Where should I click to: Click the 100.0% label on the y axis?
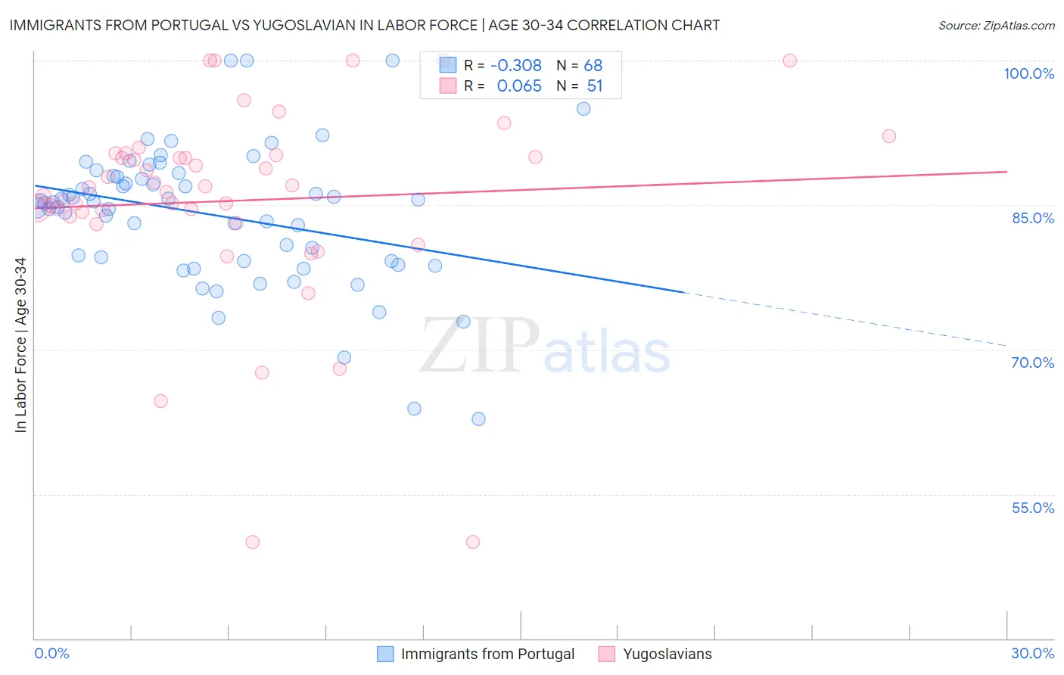click(1028, 73)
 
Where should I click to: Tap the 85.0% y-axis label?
click(1033, 218)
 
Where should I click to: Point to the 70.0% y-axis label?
click(1033, 362)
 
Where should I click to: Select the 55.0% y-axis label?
click(1033, 508)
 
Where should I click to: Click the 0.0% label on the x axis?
click(51, 653)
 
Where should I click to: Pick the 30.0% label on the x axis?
click(1032, 653)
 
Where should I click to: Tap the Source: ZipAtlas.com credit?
click(996, 26)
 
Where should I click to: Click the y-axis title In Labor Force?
click(20, 345)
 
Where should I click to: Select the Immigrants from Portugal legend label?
click(487, 654)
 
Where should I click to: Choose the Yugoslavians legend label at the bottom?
click(667, 654)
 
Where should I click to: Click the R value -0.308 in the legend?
click(516, 66)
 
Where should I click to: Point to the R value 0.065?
click(519, 86)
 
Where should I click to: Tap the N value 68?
click(593, 66)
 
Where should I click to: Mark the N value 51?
click(595, 86)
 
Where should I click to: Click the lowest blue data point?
click(478, 419)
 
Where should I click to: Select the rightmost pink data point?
click(889, 136)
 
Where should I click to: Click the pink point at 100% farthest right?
click(790, 61)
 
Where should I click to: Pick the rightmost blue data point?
click(583, 109)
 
